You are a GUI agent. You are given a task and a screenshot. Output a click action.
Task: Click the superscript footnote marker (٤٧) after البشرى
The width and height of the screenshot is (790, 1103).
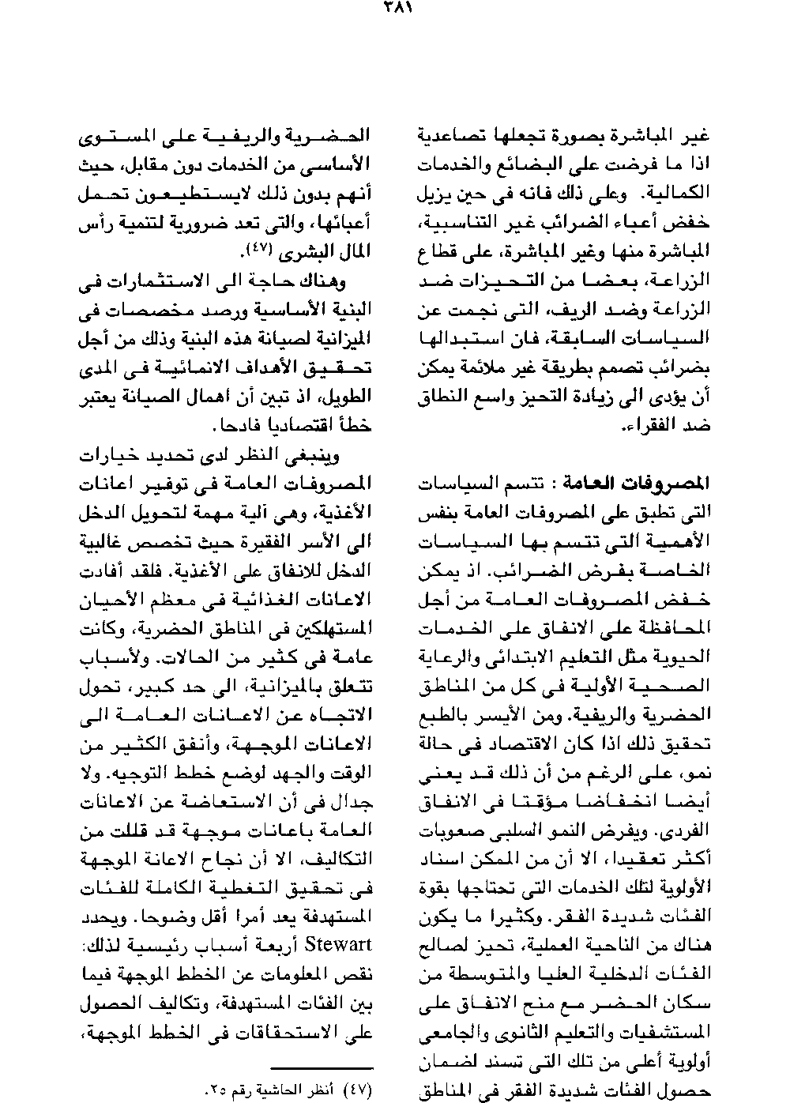[x=260, y=249]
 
